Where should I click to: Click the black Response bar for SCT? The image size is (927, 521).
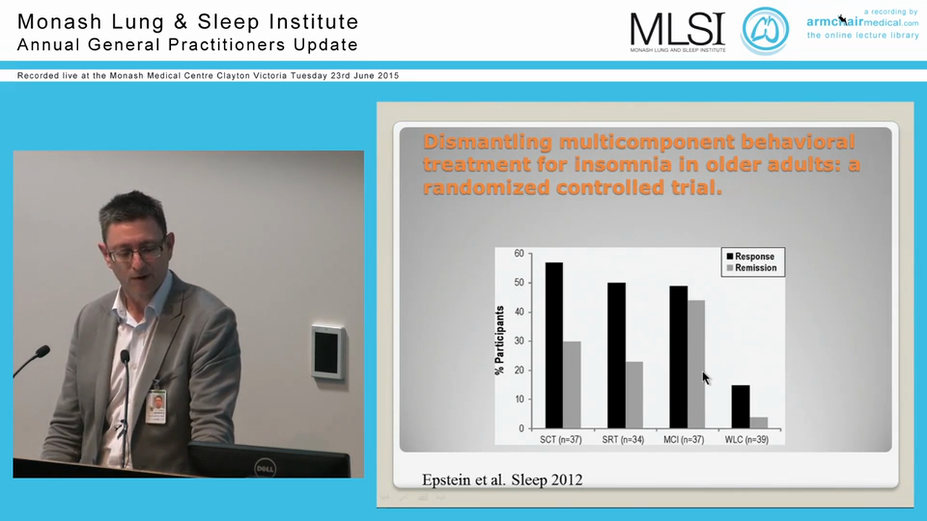click(x=554, y=345)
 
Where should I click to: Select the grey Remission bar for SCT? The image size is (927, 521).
click(x=571, y=384)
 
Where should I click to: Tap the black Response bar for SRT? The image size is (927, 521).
click(x=616, y=355)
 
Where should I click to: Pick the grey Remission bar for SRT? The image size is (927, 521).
click(x=634, y=394)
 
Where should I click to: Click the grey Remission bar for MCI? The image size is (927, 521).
click(x=696, y=364)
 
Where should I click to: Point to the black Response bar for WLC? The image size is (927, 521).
click(x=740, y=407)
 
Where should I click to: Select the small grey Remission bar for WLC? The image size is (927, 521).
click(x=758, y=423)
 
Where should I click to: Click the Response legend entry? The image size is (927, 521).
click(x=754, y=256)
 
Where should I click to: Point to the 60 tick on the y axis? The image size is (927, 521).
click(x=519, y=253)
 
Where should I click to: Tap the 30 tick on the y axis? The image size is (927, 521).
click(x=519, y=341)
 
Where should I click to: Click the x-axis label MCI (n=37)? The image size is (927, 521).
click(x=683, y=440)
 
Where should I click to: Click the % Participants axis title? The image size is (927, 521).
click(x=500, y=340)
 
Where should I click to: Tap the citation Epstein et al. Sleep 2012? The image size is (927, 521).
click(x=502, y=479)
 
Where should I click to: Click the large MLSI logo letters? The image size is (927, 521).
click(x=677, y=29)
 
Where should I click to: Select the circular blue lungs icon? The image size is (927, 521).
click(x=765, y=30)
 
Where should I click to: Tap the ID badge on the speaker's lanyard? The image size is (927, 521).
click(x=156, y=407)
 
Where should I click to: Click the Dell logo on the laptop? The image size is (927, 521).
click(x=265, y=468)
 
